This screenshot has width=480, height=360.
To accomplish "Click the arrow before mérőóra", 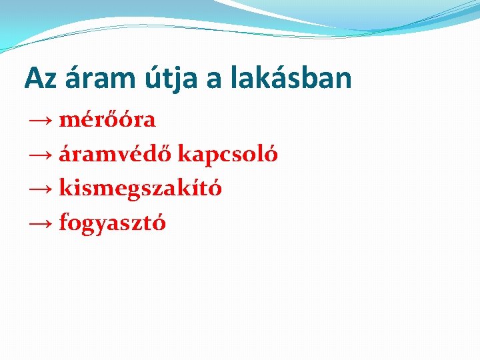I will [x=41, y=121].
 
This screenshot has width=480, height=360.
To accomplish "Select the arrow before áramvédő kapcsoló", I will [x=41, y=155].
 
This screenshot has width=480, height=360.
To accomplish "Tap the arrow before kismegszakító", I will [x=41, y=189].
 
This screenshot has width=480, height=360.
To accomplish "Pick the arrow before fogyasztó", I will [x=41, y=223].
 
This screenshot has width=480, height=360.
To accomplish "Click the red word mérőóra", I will [x=107, y=120].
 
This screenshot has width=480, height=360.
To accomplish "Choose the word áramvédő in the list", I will [x=116, y=155].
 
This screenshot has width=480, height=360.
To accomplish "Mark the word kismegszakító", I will [x=141, y=189].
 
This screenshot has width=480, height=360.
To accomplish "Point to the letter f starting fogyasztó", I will [x=63, y=223].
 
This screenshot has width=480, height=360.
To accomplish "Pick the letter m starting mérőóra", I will [x=68, y=121].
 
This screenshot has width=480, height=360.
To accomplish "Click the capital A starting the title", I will [x=33, y=79].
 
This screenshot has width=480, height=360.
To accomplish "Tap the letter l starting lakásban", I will [x=236, y=79].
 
